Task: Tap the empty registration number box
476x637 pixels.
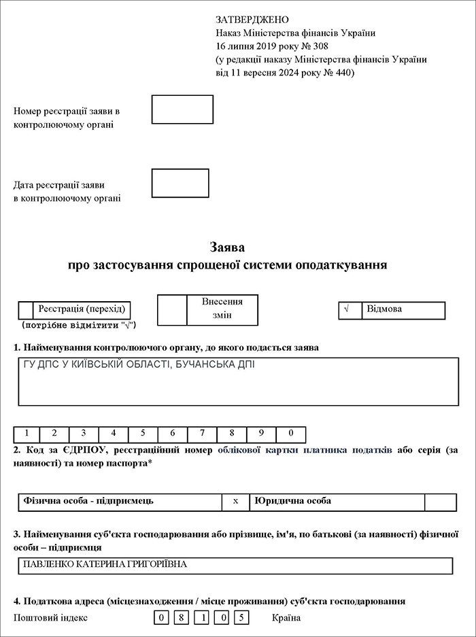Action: [x=182, y=109]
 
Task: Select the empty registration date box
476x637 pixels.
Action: [x=180, y=183]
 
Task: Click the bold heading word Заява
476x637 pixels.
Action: [x=228, y=247]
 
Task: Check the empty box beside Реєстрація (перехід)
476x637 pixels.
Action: [x=26, y=310]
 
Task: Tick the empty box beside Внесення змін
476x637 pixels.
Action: [x=172, y=310]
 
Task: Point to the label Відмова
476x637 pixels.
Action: [x=384, y=309]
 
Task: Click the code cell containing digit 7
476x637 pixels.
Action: [x=202, y=434]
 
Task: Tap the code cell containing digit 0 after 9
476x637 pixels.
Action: [x=290, y=434]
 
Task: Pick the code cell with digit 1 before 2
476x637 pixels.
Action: [x=27, y=434]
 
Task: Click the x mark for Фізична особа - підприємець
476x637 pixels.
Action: [x=235, y=502]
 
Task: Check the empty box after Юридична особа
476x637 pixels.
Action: [x=440, y=502]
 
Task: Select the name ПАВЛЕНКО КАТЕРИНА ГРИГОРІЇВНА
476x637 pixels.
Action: [x=105, y=565]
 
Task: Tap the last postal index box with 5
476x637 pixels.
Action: [x=241, y=618]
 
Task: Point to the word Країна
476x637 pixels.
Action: [x=286, y=618]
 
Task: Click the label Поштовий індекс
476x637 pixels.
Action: [x=51, y=618]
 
